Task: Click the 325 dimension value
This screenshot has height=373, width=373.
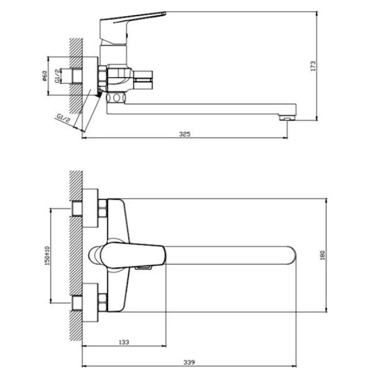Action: pyautogui.click(x=185, y=134)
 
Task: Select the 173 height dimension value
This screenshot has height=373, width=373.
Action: pyautogui.click(x=313, y=66)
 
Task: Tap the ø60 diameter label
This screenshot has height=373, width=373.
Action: pyautogui.click(x=44, y=76)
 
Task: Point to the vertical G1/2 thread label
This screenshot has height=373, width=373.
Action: pyautogui.click(x=57, y=76)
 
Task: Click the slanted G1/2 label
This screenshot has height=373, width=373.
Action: pyautogui.click(x=64, y=118)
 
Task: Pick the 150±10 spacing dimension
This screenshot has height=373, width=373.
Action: pyautogui.click(x=47, y=256)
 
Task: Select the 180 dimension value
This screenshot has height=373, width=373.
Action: pyautogui.click(x=322, y=256)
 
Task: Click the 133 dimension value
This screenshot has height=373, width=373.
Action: pyautogui.click(x=124, y=342)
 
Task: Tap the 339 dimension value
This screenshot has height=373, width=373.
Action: pyautogui.click(x=189, y=362)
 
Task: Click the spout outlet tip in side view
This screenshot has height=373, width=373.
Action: pyautogui.click(x=288, y=117)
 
